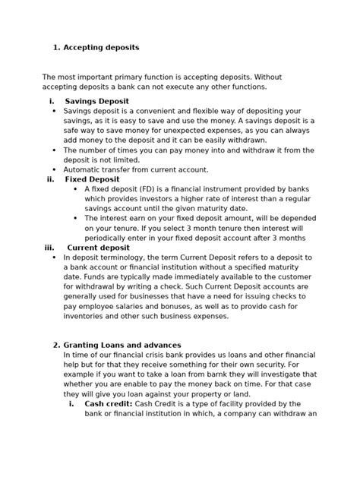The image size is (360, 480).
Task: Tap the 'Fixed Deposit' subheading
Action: point(93,179)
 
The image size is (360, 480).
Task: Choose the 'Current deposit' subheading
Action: point(98,247)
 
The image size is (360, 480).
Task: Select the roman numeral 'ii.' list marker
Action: point(50,179)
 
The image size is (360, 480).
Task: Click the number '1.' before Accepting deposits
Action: point(56,47)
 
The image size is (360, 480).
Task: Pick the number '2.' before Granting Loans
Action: point(56,345)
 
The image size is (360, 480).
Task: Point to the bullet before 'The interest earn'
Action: point(76,218)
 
